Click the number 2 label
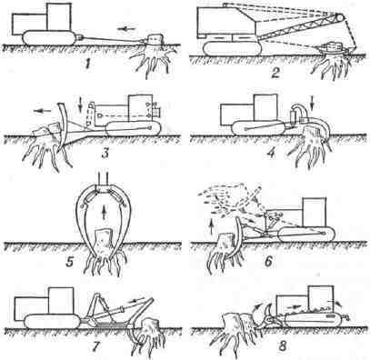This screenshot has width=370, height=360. tap(275, 73)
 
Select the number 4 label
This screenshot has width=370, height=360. tap(271, 152)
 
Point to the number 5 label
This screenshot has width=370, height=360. tap(70, 260)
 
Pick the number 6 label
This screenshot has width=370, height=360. tap(268, 261)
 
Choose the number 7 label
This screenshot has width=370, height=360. tap(96, 345)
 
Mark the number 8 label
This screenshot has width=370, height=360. tap(282, 345)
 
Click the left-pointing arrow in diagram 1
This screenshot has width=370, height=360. tap(125, 28)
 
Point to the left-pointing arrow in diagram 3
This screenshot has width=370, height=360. tap(42, 111)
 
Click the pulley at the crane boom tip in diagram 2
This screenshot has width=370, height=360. tap(341, 17)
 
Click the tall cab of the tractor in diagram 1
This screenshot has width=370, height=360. tap(59, 17)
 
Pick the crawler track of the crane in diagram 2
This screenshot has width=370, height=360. tap(233, 48)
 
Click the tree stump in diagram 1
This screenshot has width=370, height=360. tap(155, 40)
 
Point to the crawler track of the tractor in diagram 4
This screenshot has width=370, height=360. tap(258, 128)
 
